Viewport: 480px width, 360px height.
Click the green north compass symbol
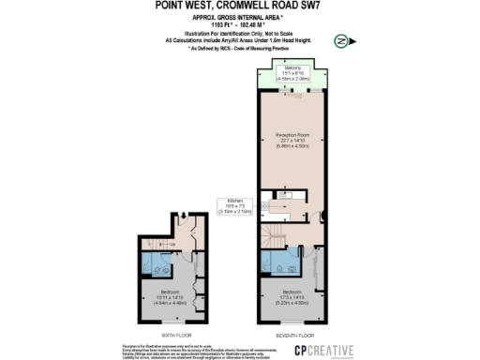click(x=339, y=41)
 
